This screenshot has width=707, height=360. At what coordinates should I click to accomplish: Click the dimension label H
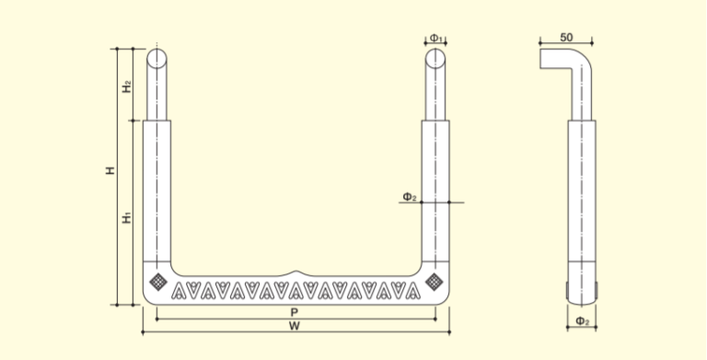[110, 170]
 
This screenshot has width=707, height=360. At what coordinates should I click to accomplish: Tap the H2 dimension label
[128, 86]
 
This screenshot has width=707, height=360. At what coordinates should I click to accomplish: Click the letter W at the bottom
[294, 325]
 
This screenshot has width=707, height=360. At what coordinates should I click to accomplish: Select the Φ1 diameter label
[436, 38]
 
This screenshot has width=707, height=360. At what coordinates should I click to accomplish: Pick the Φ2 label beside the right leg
[410, 196]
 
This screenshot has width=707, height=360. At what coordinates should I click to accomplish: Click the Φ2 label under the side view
[581, 320]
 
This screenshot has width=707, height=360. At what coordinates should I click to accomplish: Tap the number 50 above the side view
[566, 37]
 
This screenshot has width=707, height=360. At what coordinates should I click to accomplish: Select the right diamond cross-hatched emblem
[432, 278]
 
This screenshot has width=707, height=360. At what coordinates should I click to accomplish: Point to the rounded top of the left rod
[156, 58]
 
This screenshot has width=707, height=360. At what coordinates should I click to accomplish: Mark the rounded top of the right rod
[436, 58]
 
